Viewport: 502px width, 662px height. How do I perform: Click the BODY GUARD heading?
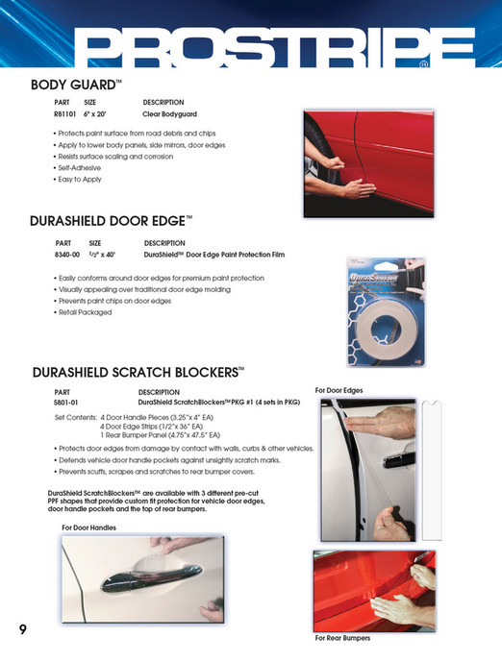point(76,85)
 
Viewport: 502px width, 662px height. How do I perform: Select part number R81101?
point(66,113)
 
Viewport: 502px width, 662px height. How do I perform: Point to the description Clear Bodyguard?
point(170,113)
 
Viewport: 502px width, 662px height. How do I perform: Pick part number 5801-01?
point(66,404)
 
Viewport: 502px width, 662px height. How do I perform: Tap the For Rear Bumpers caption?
point(343,638)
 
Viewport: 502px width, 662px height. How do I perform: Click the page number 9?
point(22,629)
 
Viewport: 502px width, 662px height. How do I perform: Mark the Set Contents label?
point(76,419)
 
